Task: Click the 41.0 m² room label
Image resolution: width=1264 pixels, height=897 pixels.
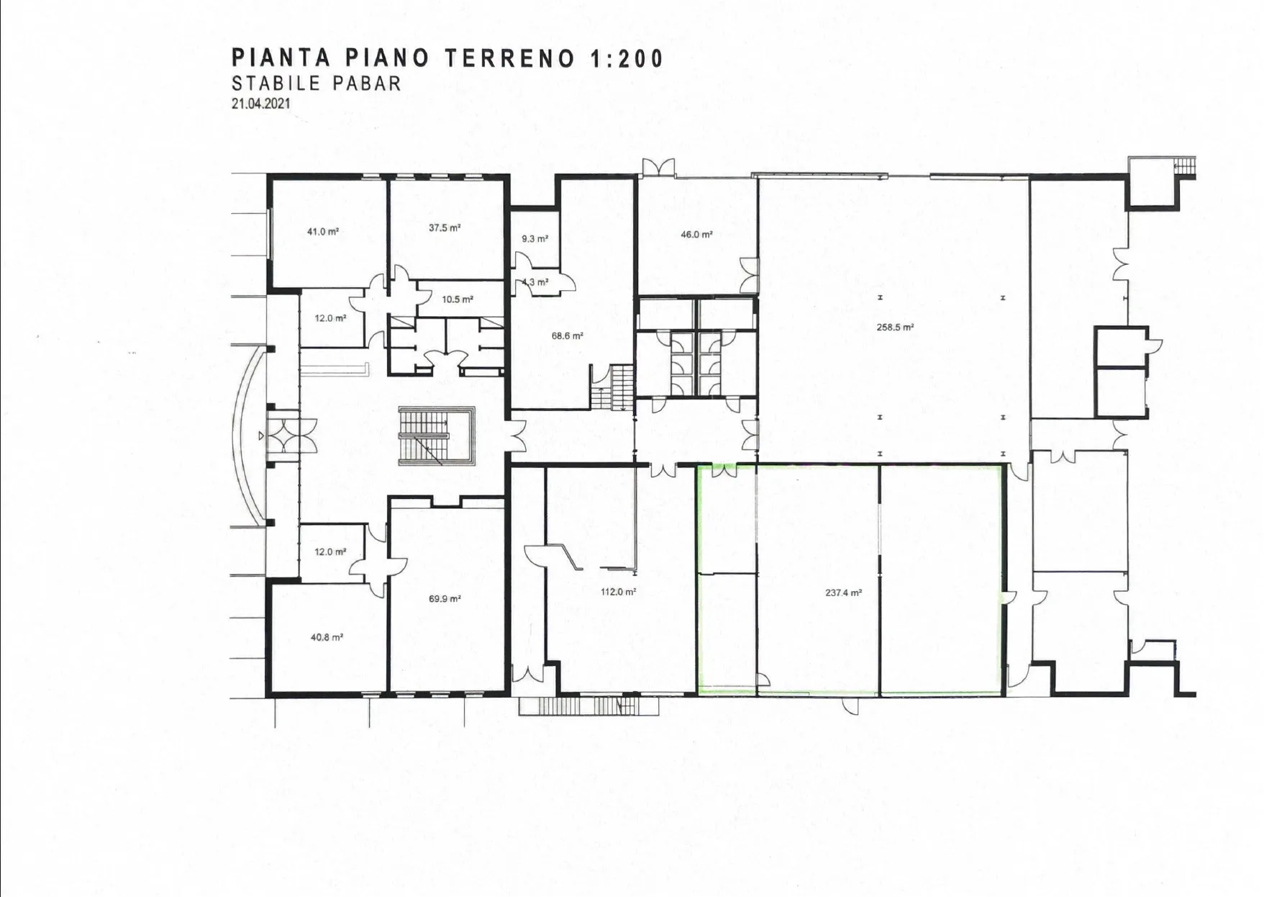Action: coord(323,232)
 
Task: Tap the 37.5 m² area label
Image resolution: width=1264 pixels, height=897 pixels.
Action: coord(445,227)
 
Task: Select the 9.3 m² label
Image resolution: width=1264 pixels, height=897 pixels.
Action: coord(535,238)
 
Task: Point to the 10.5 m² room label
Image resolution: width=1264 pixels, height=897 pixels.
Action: coord(458,299)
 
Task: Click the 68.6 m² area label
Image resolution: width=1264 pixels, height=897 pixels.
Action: coord(568,335)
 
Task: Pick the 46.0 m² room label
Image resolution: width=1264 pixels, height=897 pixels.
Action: coord(696,234)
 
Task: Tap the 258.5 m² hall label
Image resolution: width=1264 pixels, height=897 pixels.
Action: coord(895,327)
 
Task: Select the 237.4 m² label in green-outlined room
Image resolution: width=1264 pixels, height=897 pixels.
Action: coord(843,593)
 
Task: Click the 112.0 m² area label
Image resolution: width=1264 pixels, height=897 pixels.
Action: coord(618,592)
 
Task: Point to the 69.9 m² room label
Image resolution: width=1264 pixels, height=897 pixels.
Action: coord(445,598)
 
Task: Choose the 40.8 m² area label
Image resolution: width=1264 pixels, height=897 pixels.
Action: coord(327,637)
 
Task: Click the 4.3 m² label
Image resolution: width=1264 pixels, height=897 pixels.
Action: coord(535,282)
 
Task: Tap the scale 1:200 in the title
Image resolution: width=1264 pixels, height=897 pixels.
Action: coord(627,58)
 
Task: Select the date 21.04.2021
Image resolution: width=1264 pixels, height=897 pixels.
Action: coord(261,103)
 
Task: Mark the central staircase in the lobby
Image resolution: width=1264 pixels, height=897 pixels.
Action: coord(436,436)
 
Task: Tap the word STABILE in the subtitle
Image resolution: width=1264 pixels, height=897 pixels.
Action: coord(276,83)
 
